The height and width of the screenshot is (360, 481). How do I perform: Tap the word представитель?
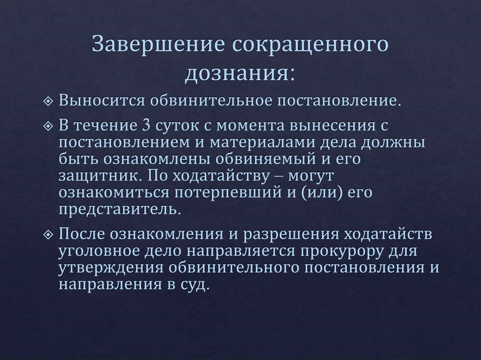119,208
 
